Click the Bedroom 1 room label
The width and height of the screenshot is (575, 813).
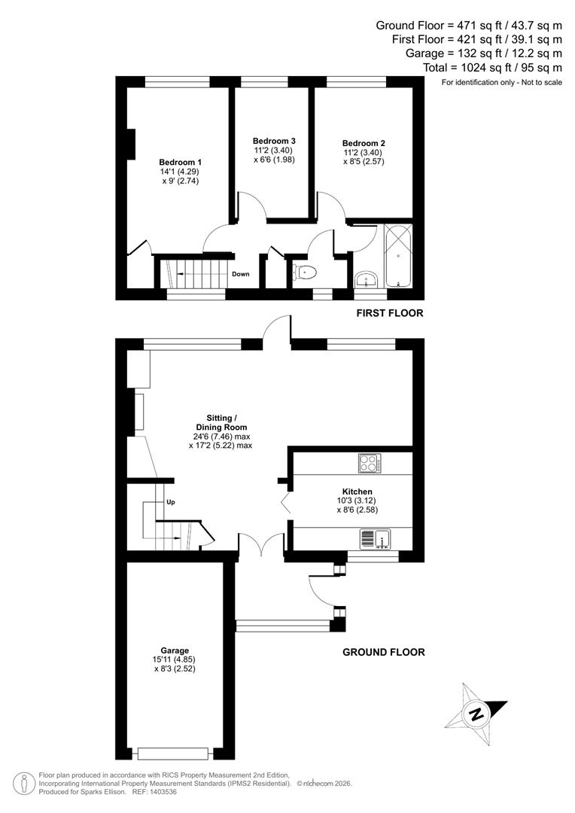[x=180, y=162]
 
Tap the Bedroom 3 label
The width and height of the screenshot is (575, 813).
[x=274, y=141]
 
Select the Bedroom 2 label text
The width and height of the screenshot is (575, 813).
[x=364, y=143]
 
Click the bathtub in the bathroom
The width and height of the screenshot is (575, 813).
[x=398, y=256]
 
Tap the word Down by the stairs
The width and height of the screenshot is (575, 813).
[x=240, y=274]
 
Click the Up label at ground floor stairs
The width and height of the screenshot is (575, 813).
[x=171, y=503]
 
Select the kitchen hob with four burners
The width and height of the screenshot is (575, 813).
[x=370, y=463]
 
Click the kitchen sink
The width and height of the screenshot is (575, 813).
[x=374, y=538]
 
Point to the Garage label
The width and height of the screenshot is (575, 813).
[x=174, y=650]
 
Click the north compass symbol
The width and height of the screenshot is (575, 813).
[x=476, y=712]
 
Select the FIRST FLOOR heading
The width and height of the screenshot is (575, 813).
[x=390, y=313]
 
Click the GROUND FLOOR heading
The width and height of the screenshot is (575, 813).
[x=384, y=652]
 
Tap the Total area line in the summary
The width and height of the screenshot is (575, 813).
[x=493, y=68]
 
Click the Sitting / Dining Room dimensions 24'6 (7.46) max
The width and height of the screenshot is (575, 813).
[x=221, y=436]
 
